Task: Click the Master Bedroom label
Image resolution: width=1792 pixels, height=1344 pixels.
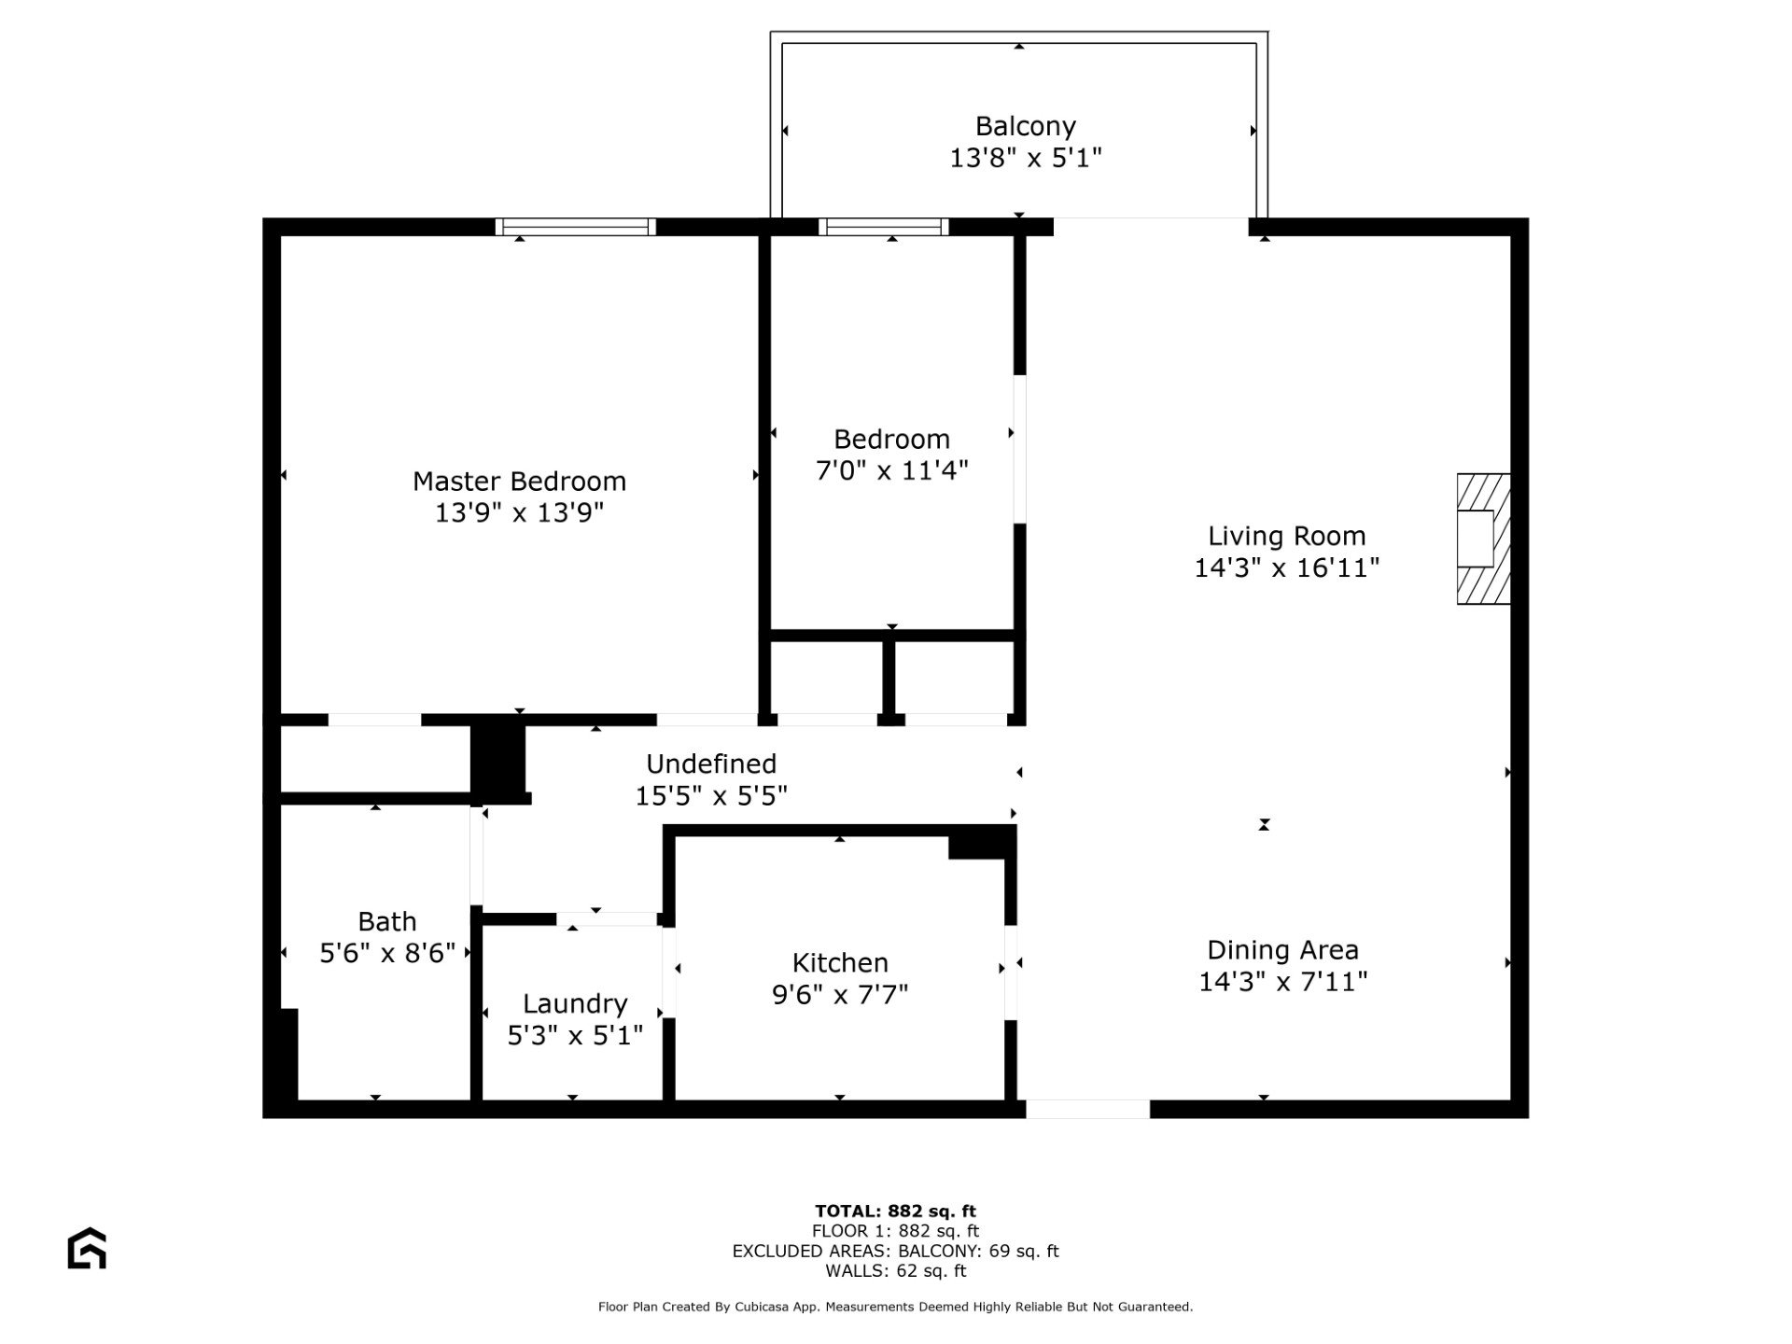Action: (x=519, y=482)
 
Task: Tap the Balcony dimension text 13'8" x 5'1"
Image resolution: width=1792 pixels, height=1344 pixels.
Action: (x=1026, y=158)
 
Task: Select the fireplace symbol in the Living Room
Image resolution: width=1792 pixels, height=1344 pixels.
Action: (x=1483, y=539)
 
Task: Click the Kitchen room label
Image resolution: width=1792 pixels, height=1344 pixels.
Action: (x=840, y=962)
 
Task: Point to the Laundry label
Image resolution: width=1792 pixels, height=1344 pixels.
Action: (x=575, y=1004)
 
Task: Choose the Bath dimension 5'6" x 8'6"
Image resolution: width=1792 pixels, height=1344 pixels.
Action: (x=387, y=953)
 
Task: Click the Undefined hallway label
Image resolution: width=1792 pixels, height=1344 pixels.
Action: (x=711, y=764)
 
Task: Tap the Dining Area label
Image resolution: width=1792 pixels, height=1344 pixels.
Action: (x=1283, y=950)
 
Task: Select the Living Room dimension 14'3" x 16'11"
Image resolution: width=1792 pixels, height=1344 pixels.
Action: (x=1287, y=567)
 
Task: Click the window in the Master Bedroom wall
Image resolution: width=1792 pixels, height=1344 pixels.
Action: (x=576, y=227)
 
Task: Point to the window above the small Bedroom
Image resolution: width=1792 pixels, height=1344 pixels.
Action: (x=884, y=227)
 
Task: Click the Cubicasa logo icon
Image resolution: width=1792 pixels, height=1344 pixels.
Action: (x=87, y=1248)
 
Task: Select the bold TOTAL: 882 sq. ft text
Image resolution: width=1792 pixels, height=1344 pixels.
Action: (x=896, y=1211)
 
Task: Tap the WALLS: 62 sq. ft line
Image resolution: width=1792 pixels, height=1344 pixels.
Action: (x=896, y=1271)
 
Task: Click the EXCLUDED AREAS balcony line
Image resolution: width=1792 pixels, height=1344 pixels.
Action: (x=896, y=1252)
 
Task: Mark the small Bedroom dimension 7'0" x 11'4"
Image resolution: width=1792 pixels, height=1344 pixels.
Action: (x=892, y=470)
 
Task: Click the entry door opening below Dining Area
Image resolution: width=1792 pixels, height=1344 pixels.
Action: (x=1088, y=1109)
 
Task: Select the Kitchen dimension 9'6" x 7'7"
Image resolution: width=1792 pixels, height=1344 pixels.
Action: (x=840, y=995)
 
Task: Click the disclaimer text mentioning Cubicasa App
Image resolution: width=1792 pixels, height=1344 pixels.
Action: (x=896, y=1307)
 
